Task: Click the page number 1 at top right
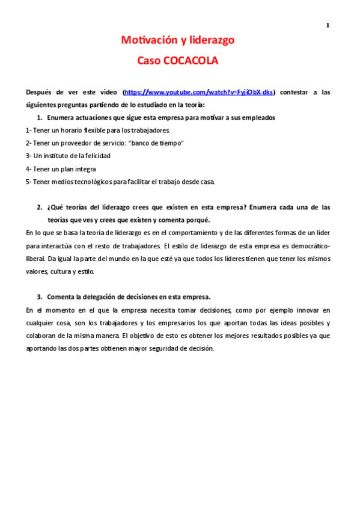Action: (x=328, y=25)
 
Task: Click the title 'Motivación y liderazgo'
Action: (x=177, y=40)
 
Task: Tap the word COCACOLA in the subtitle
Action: (x=191, y=61)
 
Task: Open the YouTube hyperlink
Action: (x=199, y=92)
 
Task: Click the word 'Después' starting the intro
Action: (x=40, y=92)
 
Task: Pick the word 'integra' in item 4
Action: (x=85, y=168)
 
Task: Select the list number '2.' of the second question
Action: (x=40, y=207)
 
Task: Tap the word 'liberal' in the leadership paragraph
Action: (x=35, y=258)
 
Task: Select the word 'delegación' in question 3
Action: (x=114, y=296)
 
